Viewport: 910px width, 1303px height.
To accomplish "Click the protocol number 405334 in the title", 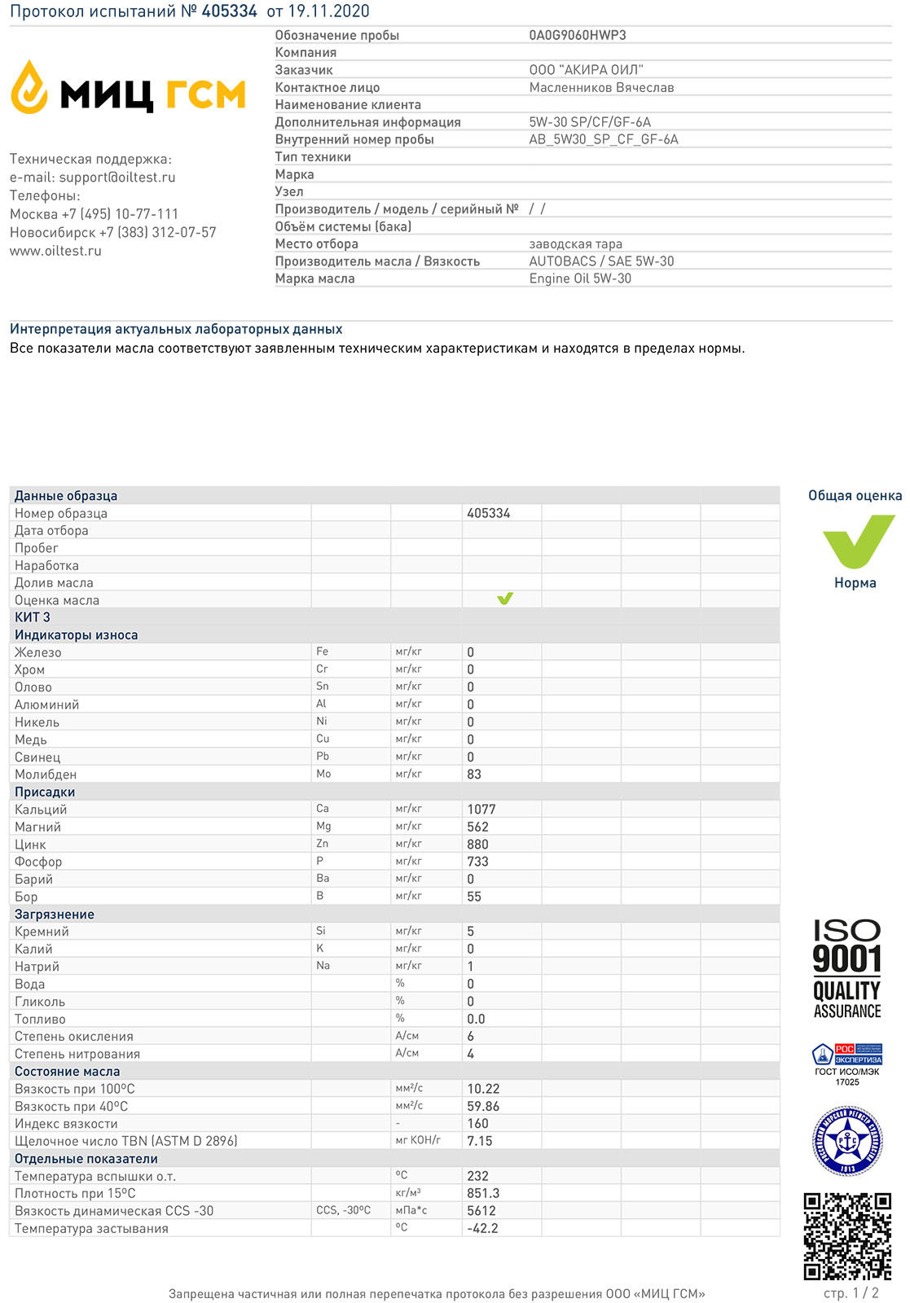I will [230, 11].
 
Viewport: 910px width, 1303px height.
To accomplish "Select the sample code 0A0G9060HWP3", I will [578, 35].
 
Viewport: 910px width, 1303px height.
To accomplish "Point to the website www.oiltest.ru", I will [55, 251].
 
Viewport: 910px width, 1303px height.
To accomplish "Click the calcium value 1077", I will [481, 809].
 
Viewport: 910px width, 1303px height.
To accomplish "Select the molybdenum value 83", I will [474, 774].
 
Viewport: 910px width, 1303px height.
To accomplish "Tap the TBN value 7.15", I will [480, 1141].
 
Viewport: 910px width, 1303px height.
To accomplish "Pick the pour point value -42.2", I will [482, 1228].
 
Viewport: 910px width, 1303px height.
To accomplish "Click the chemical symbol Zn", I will [323, 844].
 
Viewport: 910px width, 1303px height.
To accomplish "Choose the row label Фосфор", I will [38, 862].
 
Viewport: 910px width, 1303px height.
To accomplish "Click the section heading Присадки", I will [45, 792].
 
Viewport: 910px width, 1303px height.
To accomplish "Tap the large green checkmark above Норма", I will [858, 541].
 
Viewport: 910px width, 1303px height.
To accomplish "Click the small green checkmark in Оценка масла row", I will [505, 599].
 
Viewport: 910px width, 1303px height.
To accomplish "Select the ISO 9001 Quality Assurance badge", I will [847, 969].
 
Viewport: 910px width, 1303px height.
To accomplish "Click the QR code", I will [847, 1235].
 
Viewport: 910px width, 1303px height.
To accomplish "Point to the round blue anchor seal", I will [847, 1141].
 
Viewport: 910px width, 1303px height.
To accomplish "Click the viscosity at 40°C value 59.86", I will [483, 1106].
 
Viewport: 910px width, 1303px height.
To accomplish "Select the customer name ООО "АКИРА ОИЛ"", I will [586, 70].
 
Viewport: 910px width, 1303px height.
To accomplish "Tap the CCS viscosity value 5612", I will [481, 1211].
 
